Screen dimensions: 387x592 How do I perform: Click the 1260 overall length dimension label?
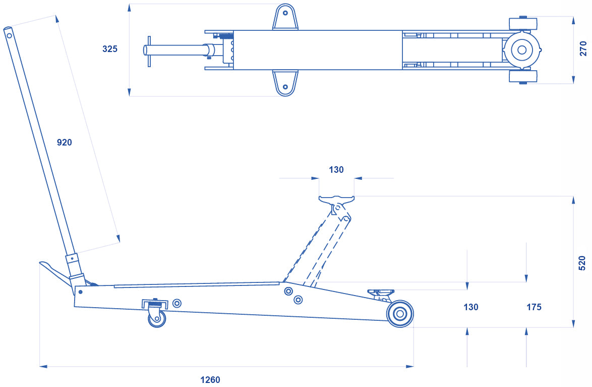point(210,380)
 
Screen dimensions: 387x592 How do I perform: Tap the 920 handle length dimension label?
point(65,142)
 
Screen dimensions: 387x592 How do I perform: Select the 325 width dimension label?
point(109,49)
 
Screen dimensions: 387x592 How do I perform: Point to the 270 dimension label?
point(583,49)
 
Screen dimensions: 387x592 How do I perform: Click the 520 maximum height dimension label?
point(582,264)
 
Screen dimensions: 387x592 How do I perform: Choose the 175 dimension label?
point(534,307)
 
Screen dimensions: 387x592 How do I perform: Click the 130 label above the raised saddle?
point(336,170)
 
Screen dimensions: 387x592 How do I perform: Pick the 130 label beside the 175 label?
point(470,307)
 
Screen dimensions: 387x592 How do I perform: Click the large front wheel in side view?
point(400,314)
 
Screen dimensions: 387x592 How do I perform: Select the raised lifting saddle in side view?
point(336,199)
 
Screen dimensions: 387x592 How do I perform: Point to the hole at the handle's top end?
point(9,35)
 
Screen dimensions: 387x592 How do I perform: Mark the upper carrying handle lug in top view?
point(285,17)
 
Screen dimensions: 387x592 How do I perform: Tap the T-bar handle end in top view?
point(149,51)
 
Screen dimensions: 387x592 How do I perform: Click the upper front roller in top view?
point(522,24)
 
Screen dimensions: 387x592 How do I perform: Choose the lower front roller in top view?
point(522,77)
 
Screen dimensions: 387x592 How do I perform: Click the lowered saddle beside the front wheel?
point(381,293)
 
